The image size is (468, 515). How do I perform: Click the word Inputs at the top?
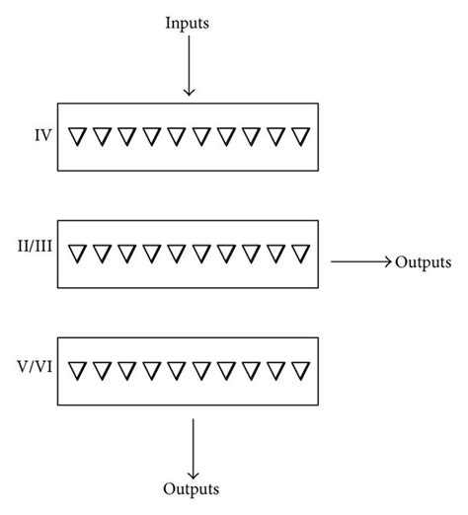point(189,22)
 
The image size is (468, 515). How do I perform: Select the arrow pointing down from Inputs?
point(189,69)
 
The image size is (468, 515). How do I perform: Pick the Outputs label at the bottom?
point(192,488)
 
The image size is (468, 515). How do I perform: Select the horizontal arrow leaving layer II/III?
point(360,262)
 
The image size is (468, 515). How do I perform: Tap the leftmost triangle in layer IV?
point(78,135)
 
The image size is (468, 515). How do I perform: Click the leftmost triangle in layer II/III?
point(78,254)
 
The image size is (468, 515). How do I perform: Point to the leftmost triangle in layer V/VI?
point(78,373)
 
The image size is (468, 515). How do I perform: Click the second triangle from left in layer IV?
point(104,135)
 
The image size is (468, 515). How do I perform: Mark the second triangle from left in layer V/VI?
point(104,373)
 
